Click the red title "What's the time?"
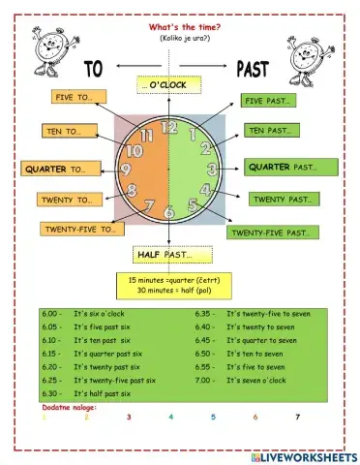pyautogui.click(x=181, y=27)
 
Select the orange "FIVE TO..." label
pyautogui.click(x=76, y=97)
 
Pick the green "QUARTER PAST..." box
pyautogui.click(x=290, y=168)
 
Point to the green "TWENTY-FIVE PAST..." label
pyautogui.click(x=274, y=232)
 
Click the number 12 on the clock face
pyautogui.click(x=168, y=126)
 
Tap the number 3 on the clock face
pyautogui.click(x=211, y=169)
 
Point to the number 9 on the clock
pyautogui.click(x=126, y=170)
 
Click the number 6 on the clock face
pyautogui.click(x=168, y=212)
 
